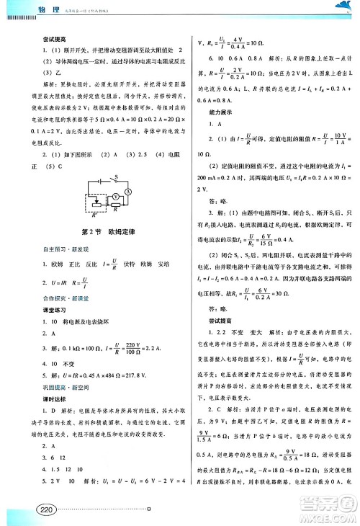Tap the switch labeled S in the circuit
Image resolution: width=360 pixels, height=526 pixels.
102,179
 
